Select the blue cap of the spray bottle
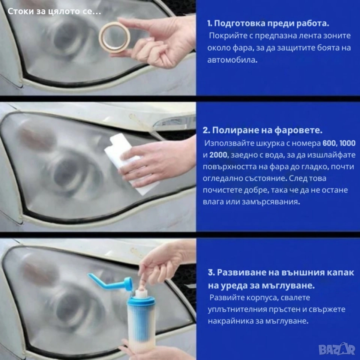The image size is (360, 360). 141,301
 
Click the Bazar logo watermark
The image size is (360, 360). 337,349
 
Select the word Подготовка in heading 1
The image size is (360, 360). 236,24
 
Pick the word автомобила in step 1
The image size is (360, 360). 232,60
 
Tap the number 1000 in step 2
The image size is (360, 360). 348,143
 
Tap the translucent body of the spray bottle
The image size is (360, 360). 141,326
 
